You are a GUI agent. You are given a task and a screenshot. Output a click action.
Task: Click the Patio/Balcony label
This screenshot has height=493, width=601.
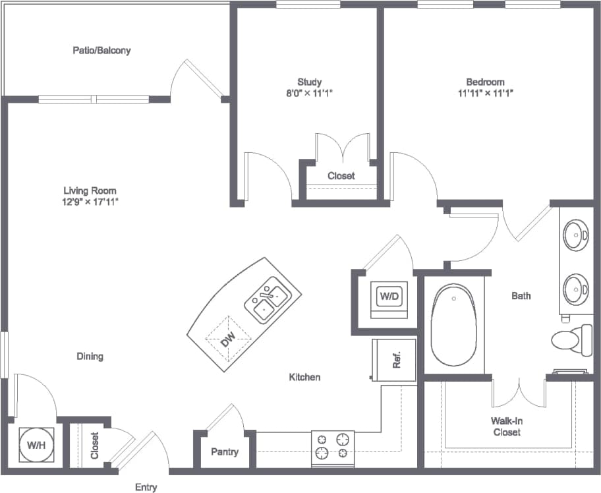click(101, 50)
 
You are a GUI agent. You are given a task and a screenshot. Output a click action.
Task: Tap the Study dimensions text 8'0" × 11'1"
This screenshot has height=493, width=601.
click(309, 93)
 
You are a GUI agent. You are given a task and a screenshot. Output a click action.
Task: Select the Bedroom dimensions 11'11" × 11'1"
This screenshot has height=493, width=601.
click(485, 93)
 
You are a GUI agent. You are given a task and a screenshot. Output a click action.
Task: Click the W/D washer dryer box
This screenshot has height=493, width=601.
click(389, 297)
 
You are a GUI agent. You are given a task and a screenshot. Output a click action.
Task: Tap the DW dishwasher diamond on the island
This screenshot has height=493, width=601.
click(228, 339)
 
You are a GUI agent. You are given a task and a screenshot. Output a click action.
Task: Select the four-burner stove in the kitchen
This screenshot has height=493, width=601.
click(332, 446)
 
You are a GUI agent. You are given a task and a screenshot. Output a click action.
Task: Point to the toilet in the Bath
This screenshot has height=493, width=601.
click(570, 340)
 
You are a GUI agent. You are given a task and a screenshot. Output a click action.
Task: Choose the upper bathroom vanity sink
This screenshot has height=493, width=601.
click(576, 235)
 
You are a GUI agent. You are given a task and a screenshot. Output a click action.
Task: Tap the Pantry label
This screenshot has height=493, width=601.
click(224, 452)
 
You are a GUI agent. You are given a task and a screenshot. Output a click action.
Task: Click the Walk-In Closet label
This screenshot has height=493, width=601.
click(506, 426)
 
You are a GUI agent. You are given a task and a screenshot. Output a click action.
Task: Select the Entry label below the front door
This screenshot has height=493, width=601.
click(146, 487)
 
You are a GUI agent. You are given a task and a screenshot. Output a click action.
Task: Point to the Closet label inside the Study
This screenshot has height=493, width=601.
click(341, 176)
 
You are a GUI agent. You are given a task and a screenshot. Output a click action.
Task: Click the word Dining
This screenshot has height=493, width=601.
click(90, 357)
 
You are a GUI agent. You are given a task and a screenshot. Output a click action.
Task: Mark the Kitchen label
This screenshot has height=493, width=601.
click(304, 377)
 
